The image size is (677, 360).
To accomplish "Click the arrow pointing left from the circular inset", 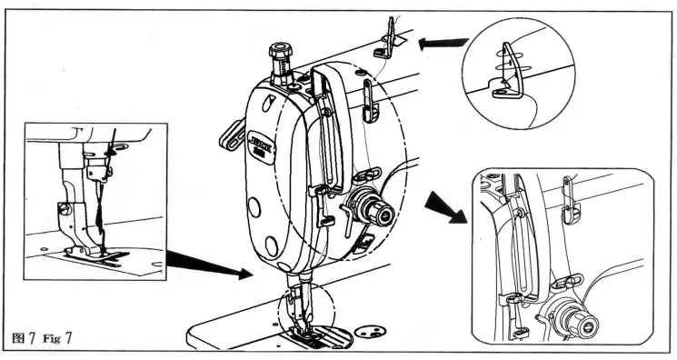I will [441, 41].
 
